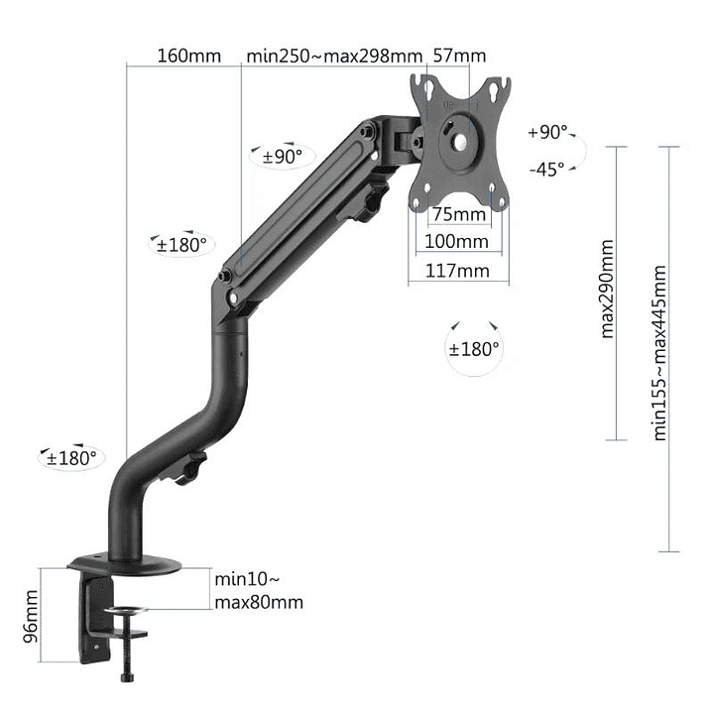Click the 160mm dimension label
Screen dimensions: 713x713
coord(188,56)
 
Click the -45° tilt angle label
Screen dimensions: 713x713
coord(546,169)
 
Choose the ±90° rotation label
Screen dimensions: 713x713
coord(282,156)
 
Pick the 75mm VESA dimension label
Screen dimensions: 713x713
coord(457,214)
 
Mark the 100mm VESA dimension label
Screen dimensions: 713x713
coord(457,241)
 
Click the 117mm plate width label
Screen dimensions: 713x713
coord(457,270)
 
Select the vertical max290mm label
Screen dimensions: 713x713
coord(608,289)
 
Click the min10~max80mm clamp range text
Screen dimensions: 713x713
coord(258,590)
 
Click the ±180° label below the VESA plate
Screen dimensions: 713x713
coord(474,349)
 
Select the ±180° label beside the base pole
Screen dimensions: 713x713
coord(72,458)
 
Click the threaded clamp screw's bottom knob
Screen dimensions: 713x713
coord(126,677)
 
